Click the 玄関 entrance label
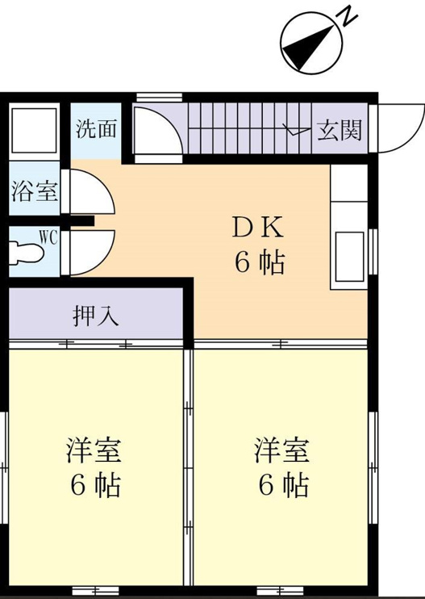coord(340,131)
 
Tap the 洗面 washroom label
coord(96,128)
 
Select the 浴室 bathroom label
coord(35,191)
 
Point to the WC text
coord(48,238)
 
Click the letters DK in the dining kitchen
coord(258,228)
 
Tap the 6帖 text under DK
coord(260,263)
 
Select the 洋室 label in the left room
coord(94,450)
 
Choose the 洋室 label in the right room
coord(282,450)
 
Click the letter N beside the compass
coord(348,17)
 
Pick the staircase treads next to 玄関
coord(250,128)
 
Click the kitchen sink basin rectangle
coord(349,257)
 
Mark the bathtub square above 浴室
coord(35,130)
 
